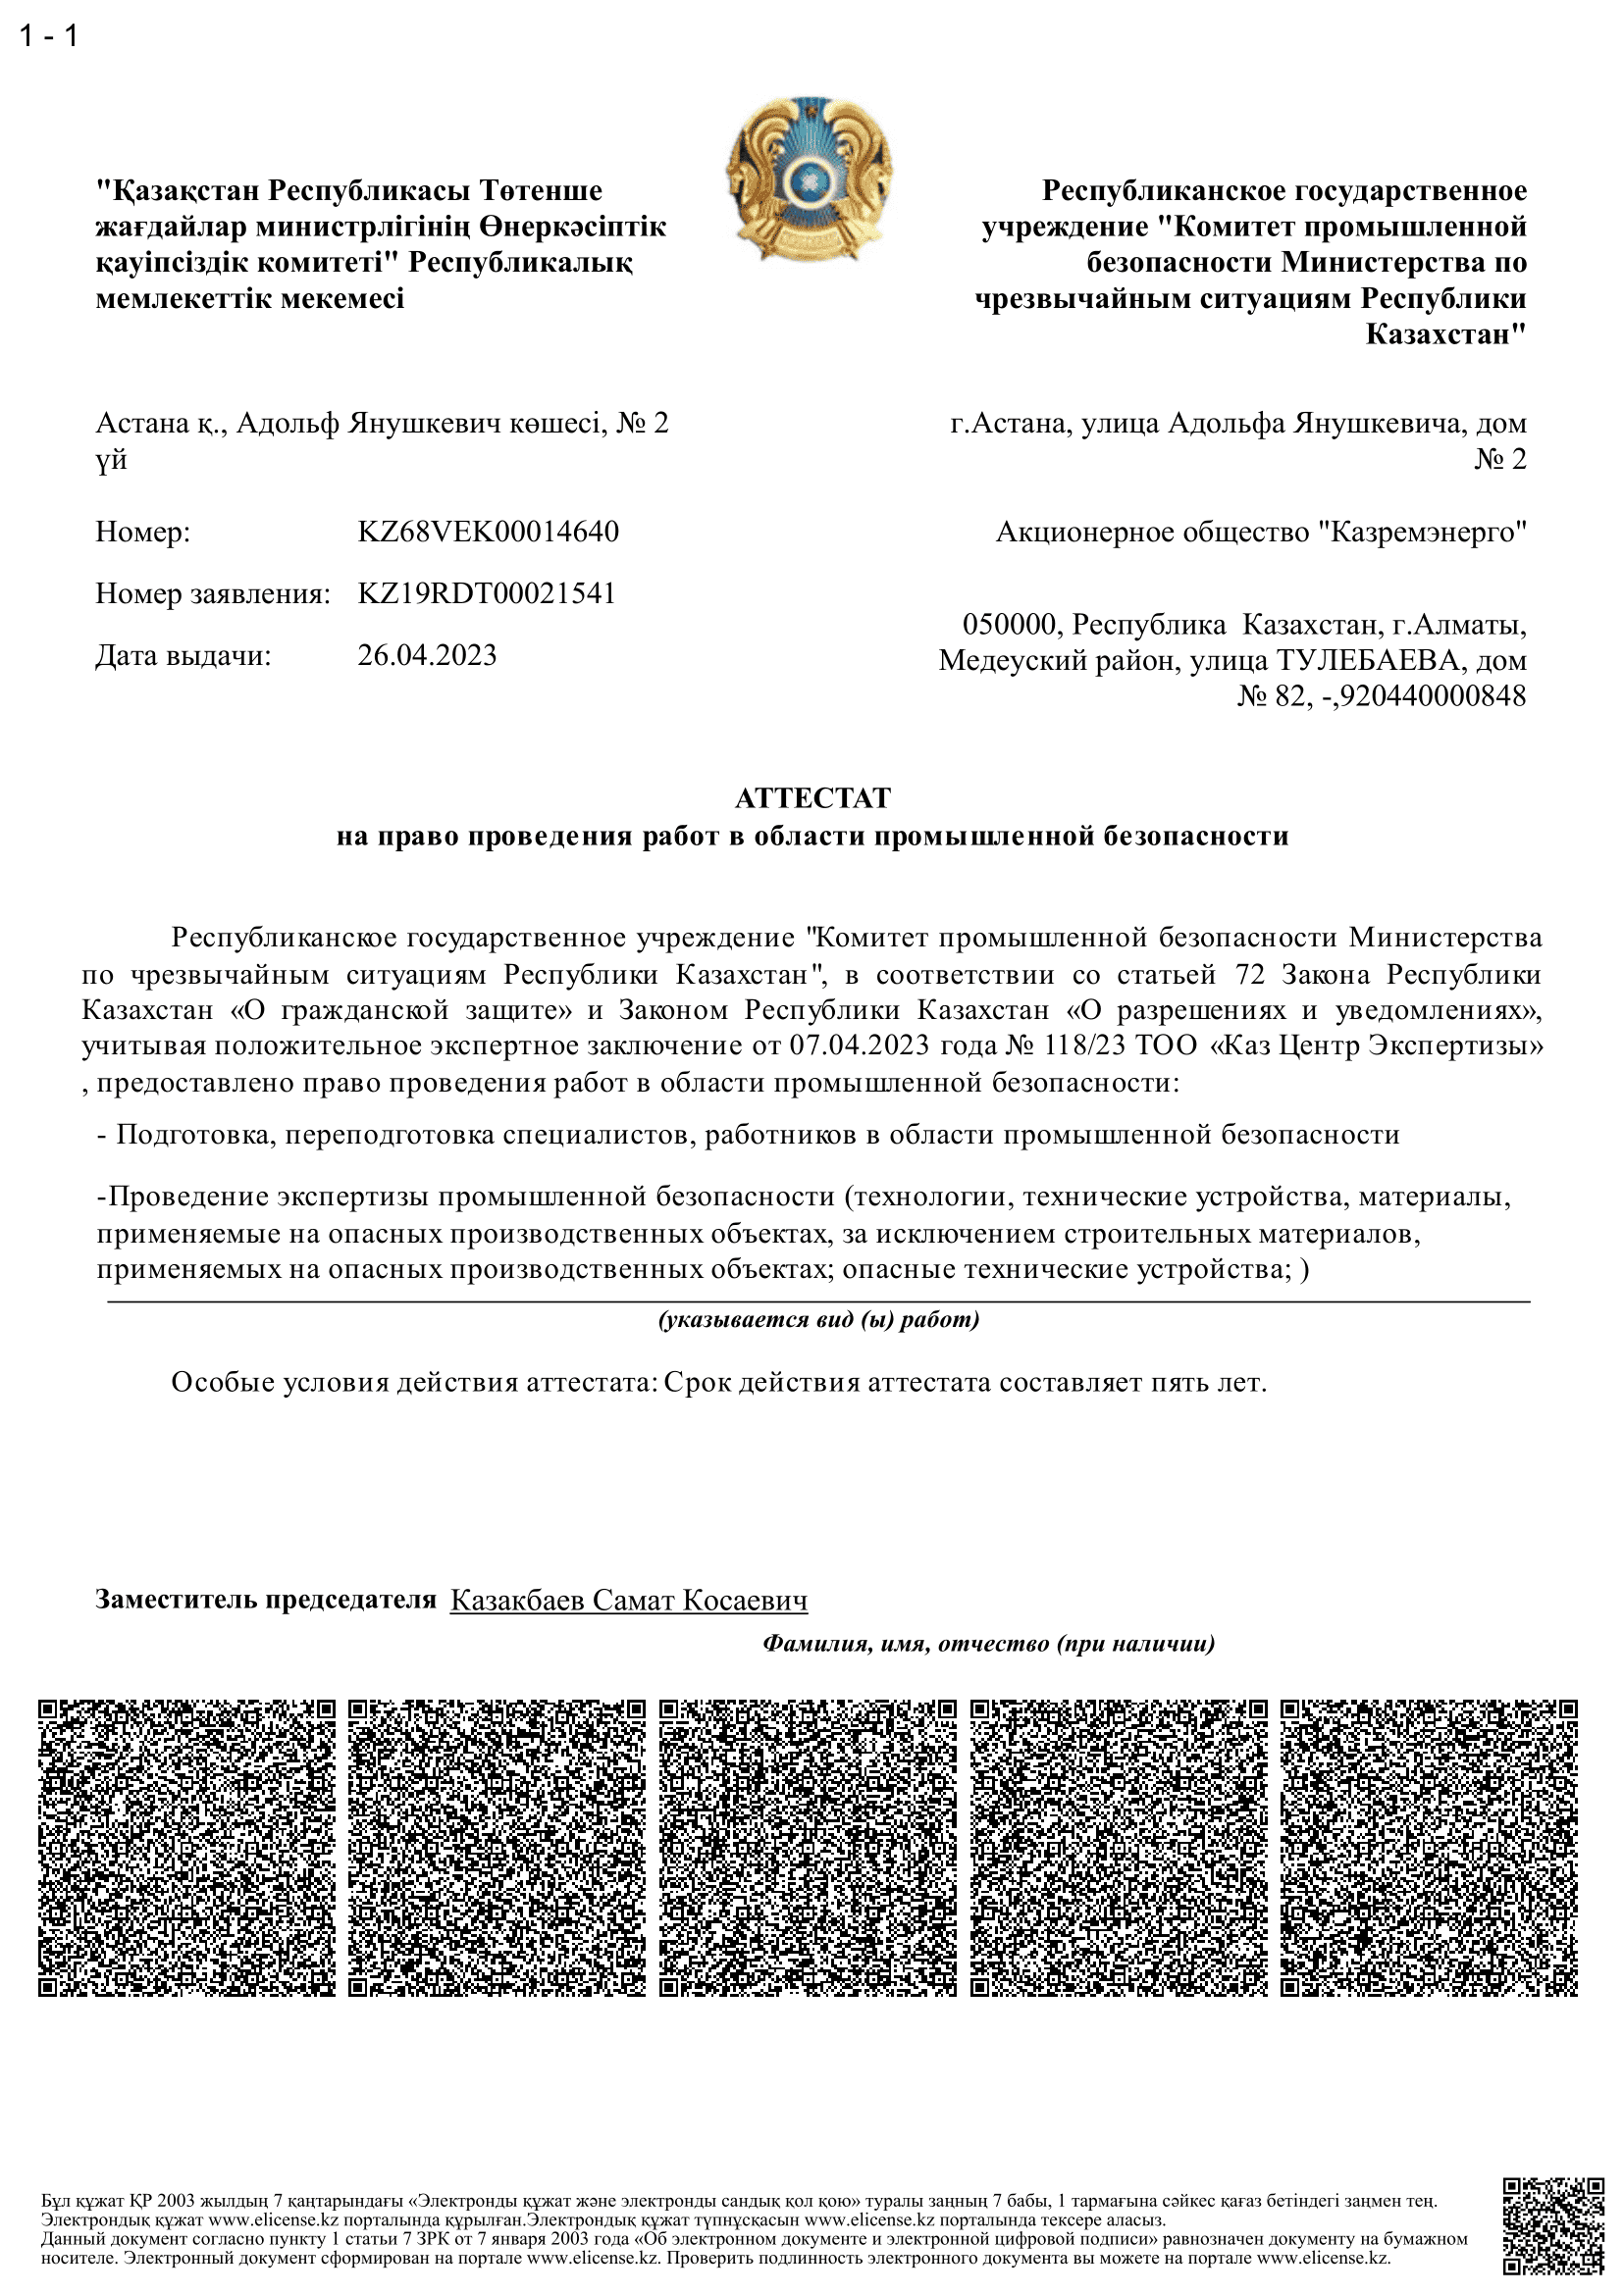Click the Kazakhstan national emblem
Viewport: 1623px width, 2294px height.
pyautogui.click(x=809, y=179)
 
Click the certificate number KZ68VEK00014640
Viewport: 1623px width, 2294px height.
pyautogui.click(x=488, y=532)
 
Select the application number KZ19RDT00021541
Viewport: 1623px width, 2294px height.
pyautogui.click(x=486, y=593)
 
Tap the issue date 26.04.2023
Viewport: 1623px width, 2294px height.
pyautogui.click(x=427, y=655)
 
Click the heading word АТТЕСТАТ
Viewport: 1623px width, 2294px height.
pyautogui.click(x=811, y=798)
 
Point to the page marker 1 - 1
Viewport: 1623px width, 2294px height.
pyautogui.click(x=48, y=37)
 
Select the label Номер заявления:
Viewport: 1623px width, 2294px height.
pyautogui.click(x=213, y=594)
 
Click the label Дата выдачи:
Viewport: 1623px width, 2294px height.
pyautogui.click(x=183, y=656)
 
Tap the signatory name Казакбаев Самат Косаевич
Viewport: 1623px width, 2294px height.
pyautogui.click(x=629, y=1601)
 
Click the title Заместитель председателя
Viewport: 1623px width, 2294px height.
pyautogui.click(x=266, y=1600)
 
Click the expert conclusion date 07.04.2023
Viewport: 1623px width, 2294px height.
pyautogui.click(x=859, y=1046)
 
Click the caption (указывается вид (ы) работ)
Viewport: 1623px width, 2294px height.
pyautogui.click(x=818, y=1320)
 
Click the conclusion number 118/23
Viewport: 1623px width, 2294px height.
pyautogui.click(x=1083, y=1046)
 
